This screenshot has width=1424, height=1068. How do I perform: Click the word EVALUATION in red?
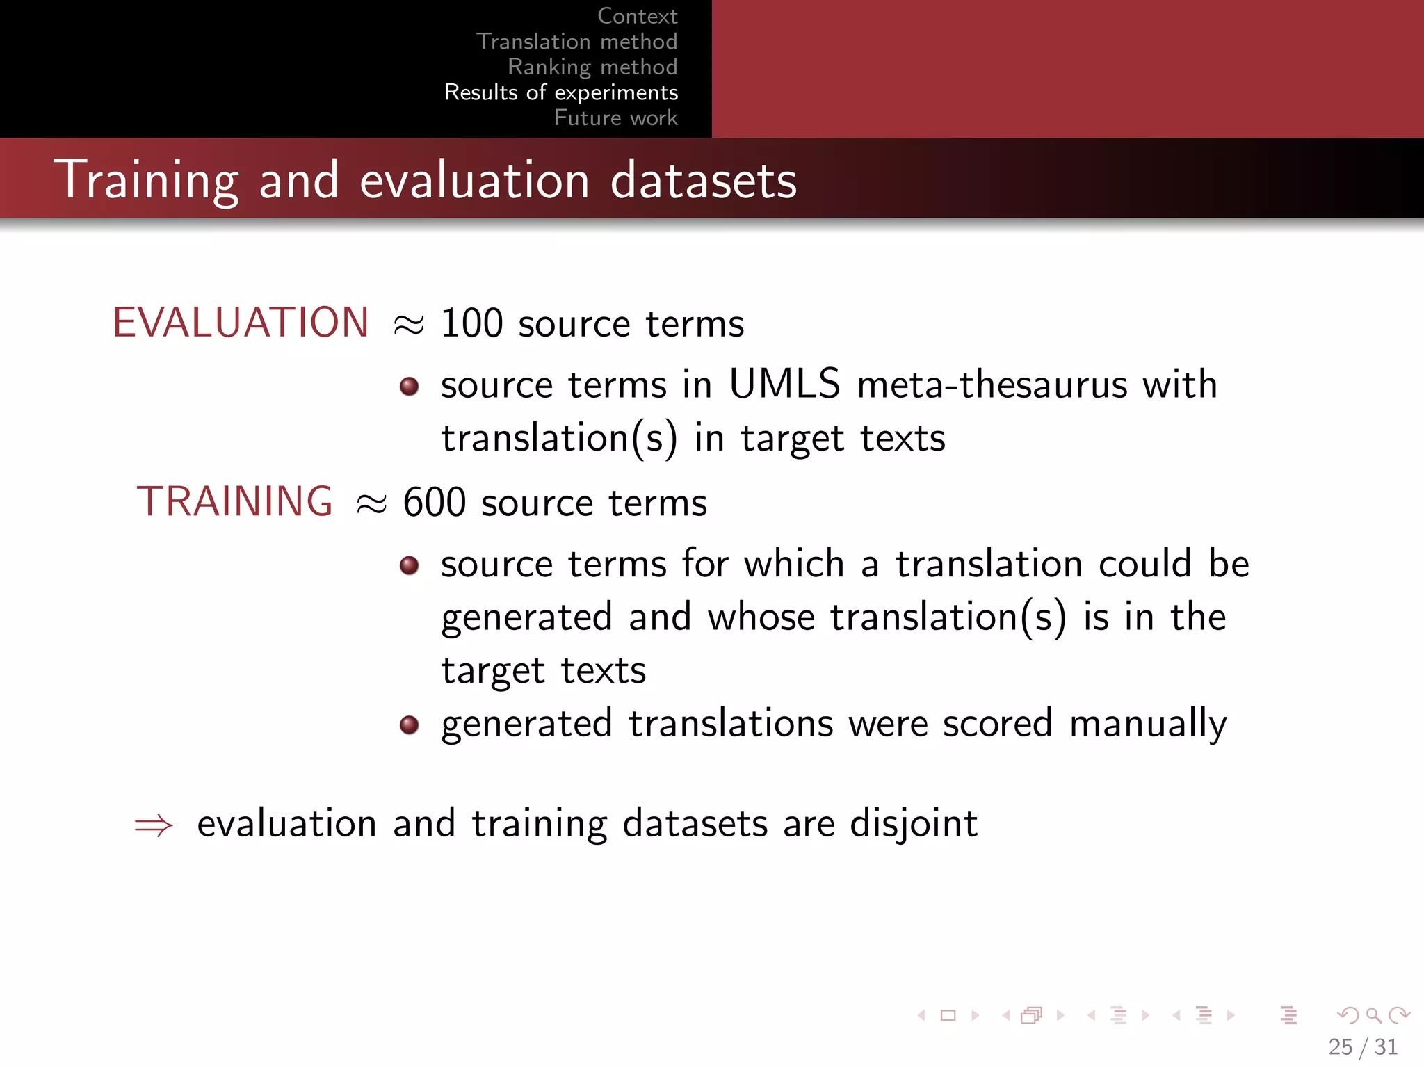[241, 323]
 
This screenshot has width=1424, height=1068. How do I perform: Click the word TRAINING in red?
[235, 501]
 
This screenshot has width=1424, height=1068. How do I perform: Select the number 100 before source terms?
[471, 323]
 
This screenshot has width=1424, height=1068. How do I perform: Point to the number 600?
[434, 502]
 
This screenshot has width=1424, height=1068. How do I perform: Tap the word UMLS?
[784, 384]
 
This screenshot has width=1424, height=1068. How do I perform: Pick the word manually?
[1148, 724]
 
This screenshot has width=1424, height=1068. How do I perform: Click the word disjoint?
[914, 824]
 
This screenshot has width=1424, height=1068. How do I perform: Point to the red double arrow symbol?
[154, 825]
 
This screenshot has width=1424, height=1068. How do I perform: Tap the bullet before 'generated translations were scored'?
[410, 725]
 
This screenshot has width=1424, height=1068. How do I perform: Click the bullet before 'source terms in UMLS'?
[410, 386]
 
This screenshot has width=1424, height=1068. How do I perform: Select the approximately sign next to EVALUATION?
[408, 324]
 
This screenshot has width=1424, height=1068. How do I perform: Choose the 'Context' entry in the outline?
[637, 16]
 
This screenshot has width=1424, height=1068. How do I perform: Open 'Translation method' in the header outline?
[576, 42]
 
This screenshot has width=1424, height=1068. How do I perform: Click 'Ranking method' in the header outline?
[592, 67]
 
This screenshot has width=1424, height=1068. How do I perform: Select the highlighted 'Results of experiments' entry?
[561, 92]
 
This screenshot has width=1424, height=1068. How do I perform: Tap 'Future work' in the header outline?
[615, 118]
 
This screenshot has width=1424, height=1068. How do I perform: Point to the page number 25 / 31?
[1362, 1046]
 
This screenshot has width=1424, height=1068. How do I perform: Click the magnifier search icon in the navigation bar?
[1373, 1015]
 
